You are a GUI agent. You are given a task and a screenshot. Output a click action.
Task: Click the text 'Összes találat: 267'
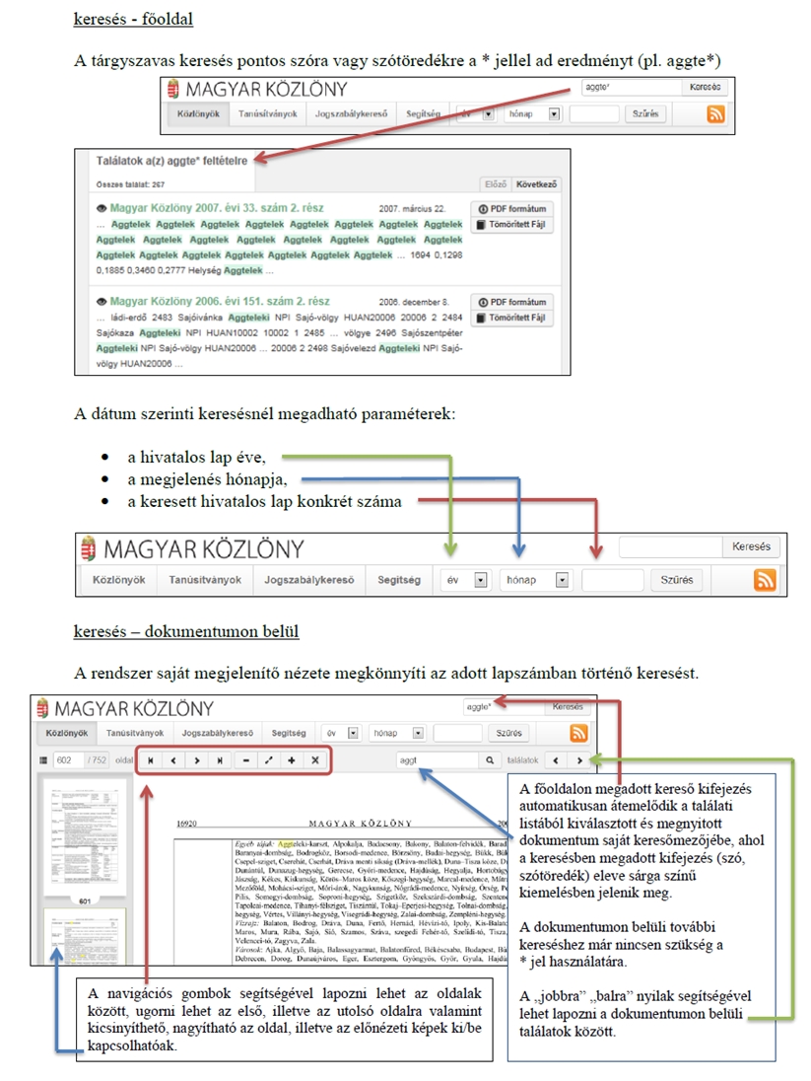(130, 183)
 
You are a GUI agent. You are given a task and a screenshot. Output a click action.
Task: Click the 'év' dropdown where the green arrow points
(464, 580)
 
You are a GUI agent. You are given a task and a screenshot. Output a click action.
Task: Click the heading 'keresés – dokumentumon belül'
(186, 630)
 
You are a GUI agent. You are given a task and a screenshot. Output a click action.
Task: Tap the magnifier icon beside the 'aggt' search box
(489, 760)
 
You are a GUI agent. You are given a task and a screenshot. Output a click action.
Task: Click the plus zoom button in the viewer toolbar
(291, 760)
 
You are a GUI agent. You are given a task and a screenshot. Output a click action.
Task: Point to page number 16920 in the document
(188, 821)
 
